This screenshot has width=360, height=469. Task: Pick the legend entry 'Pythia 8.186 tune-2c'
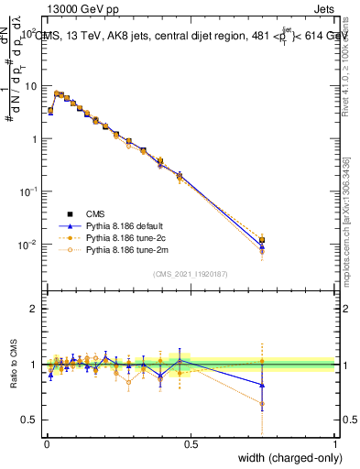120,236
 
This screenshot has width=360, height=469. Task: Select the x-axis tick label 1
334,443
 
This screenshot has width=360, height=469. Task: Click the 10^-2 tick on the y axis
27,245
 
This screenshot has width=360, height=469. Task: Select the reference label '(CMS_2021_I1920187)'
190,274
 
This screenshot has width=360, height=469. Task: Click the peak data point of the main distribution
57,93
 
